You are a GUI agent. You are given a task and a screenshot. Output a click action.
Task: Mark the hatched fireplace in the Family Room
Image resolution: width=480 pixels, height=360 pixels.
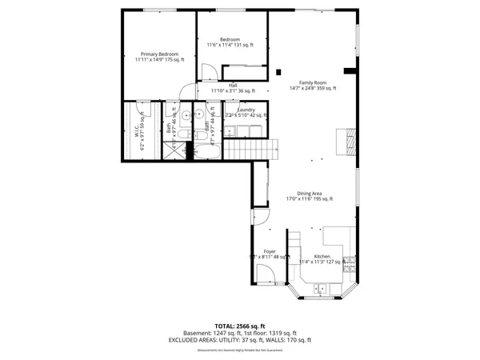[345, 141]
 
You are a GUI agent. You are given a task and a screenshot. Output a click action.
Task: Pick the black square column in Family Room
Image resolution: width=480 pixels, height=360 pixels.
[279, 73]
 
